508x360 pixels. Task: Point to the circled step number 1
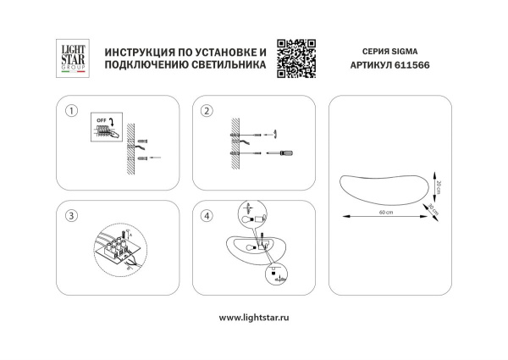point(71,112)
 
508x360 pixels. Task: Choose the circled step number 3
point(71,216)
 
